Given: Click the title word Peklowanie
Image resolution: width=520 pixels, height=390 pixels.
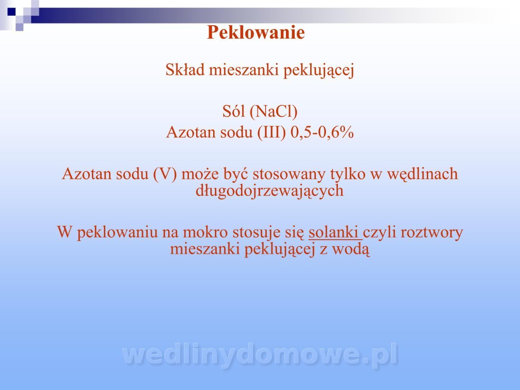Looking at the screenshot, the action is coord(256,32).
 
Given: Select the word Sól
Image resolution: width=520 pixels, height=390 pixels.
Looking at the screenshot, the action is coord(234,111).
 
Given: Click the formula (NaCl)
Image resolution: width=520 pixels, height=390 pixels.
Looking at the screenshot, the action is coord(273,111).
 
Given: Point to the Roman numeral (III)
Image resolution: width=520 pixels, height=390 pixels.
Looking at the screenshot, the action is coord(272,132).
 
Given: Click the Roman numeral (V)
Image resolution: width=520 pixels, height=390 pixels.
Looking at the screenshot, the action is coord(165,174).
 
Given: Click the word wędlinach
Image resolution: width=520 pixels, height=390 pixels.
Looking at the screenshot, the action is coord(422,174).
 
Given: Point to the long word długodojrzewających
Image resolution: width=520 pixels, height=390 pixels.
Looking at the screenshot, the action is coord(270,191).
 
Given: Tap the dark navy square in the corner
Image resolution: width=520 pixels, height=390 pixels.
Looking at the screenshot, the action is coord(12,12).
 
